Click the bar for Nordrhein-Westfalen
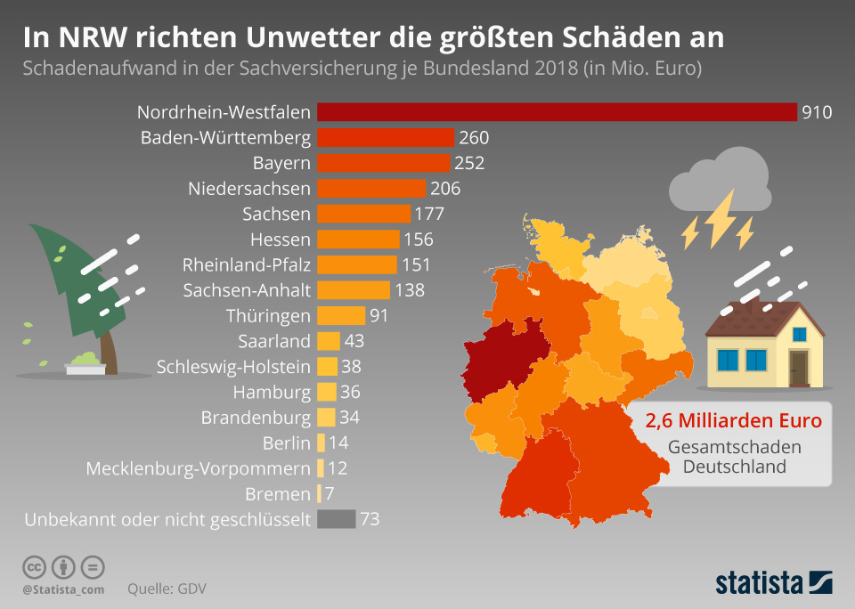click(557, 112)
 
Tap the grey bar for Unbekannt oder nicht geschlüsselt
click(336, 519)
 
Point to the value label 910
click(816, 112)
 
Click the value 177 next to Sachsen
click(429, 214)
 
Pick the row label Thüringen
click(268, 315)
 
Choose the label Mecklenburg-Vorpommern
click(198, 468)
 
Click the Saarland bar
click(328, 341)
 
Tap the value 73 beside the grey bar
click(370, 519)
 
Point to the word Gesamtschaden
click(733, 447)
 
